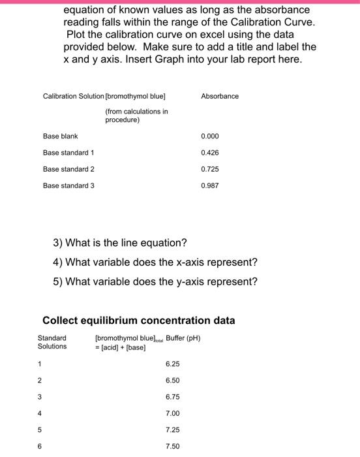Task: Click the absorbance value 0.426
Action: (x=209, y=153)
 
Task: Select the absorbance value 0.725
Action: (x=209, y=169)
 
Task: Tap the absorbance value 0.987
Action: (x=209, y=185)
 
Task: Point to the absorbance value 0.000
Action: (x=209, y=136)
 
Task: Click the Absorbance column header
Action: (x=220, y=96)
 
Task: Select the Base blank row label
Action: (x=60, y=136)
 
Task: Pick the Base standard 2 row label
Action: (x=68, y=169)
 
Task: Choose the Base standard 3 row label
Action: (x=68, y=185)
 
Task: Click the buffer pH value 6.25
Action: (x=172, y=364)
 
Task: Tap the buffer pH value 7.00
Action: (x=172, y=413)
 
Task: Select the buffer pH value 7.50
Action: (x=172, y=446)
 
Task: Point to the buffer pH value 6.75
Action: (x=172, y=396)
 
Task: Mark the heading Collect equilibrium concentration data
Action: (x=139, y=320)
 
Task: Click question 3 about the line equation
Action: (x=120, y=243)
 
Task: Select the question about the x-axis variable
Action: (x=155, y=262)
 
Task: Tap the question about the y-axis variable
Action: (x=155, y=282)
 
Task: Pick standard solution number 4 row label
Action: (x=39, y=413)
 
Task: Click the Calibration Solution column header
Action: (x=73, y=96)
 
